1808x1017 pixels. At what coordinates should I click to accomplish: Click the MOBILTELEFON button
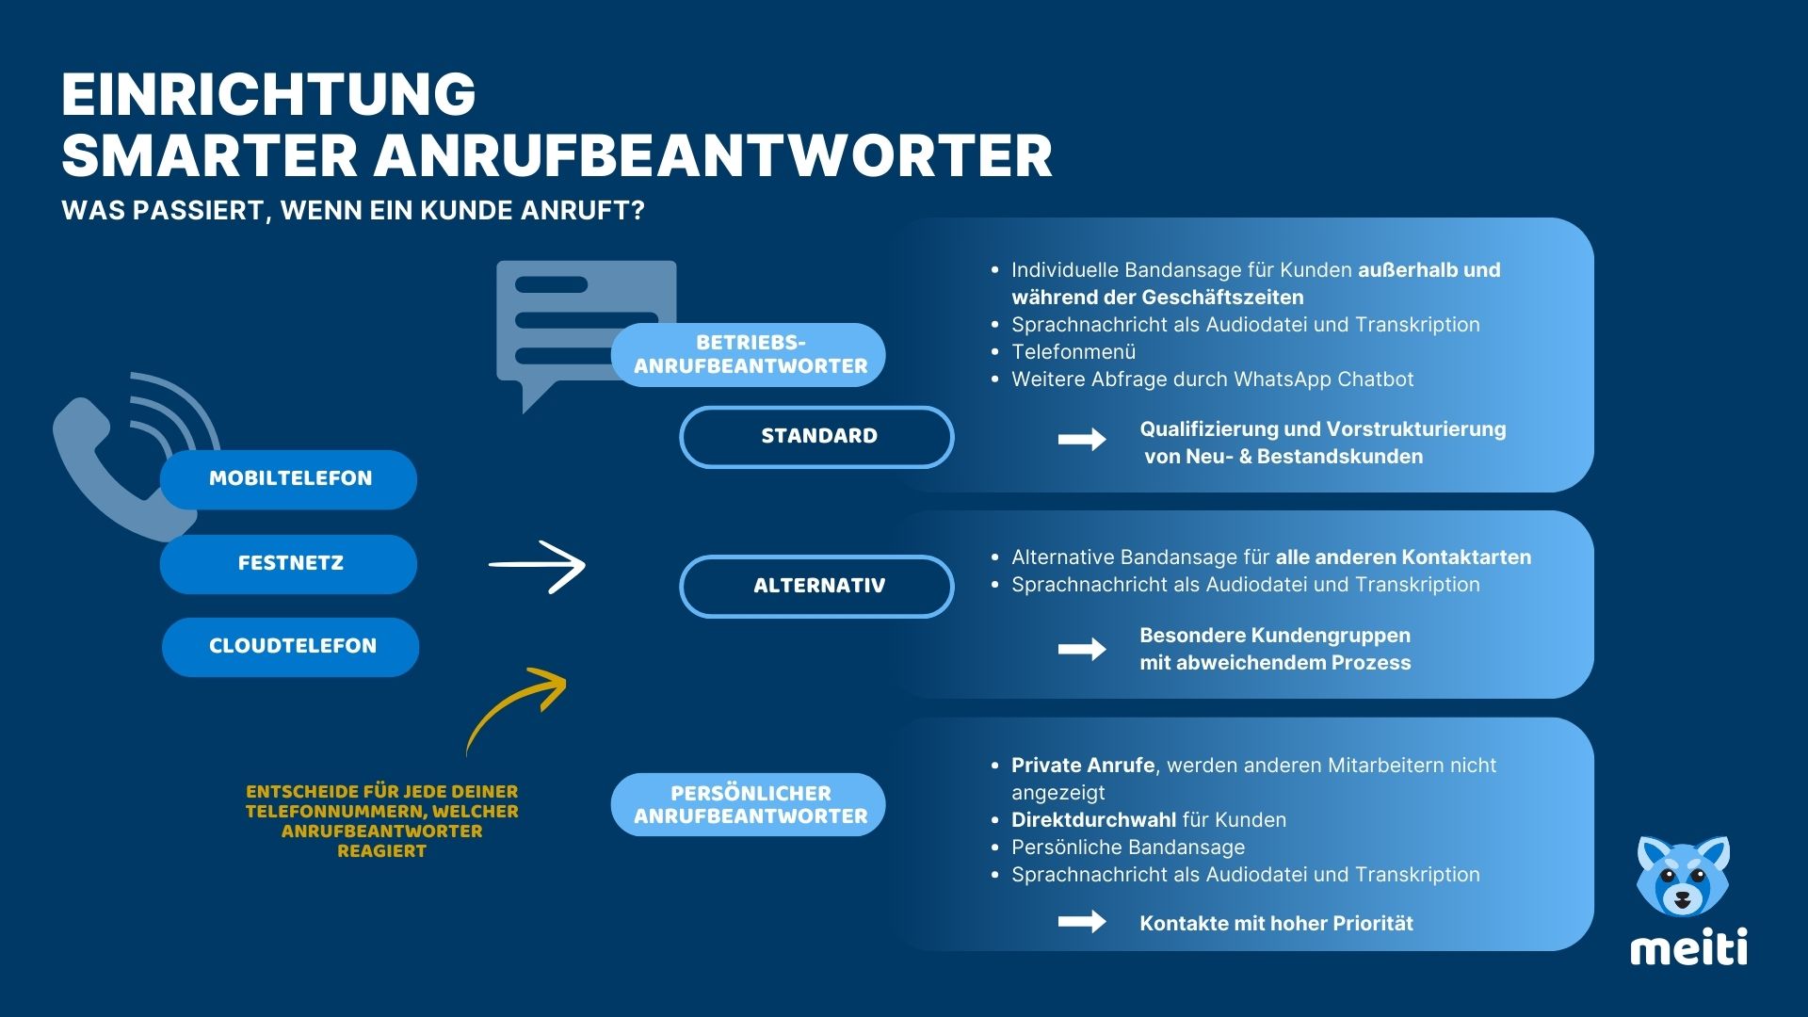[x=289, y=479]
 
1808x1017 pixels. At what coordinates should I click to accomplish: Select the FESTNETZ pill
[x=289, y=564]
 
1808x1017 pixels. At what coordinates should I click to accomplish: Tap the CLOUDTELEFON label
[x=291, y=647]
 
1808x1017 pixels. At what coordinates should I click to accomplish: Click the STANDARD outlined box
[x=816, y=437]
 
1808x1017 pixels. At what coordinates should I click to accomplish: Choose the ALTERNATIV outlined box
[x=816, y=586]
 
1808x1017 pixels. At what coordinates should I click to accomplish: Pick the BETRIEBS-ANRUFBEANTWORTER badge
[x=749, y=355]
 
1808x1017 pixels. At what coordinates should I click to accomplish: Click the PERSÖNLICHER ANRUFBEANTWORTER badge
[x=749, y=805]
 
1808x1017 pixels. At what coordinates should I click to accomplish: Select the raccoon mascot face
[x=1683, y=876]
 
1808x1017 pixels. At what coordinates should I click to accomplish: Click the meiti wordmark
[x=1688, y=947]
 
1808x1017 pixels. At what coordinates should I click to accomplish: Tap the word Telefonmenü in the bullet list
[x=1073, y=352]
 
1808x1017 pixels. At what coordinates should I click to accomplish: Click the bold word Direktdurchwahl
[x=1083, y=820]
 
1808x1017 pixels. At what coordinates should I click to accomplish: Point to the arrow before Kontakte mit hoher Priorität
[x=1082, y=922]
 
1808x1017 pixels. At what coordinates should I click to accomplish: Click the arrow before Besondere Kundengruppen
[x=1082, y=649]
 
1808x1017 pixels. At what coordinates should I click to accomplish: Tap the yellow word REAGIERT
[x=381, y=851]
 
